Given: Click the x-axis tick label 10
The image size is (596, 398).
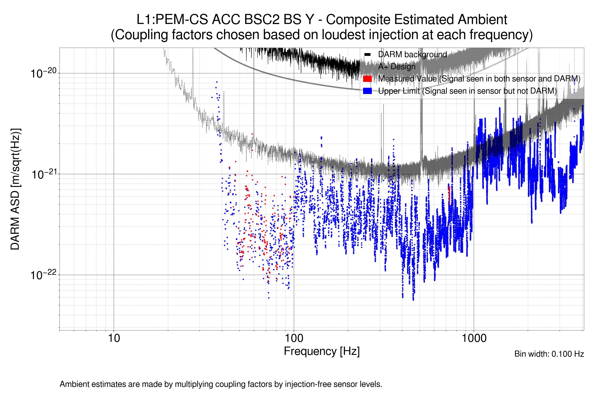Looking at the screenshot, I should (114, 338).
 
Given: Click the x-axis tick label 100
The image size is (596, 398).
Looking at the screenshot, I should (294, 338).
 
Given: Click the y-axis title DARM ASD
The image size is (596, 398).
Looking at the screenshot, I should (15, 189).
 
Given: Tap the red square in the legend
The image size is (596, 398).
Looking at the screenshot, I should (367, 79).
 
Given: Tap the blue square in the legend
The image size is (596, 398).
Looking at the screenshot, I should (367, 91).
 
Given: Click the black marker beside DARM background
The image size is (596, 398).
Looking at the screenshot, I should (367, 55).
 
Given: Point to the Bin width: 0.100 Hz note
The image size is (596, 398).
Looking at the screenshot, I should (549, 354).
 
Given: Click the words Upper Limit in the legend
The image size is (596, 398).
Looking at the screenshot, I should (399, 91).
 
